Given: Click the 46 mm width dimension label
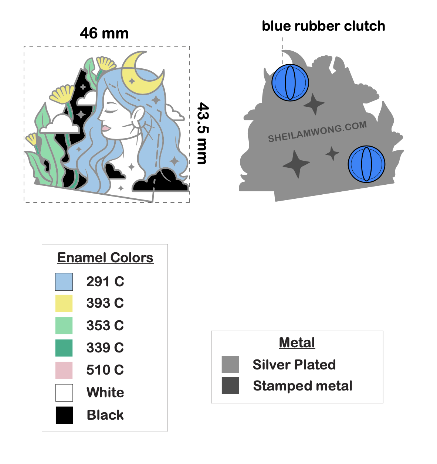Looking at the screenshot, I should (x=104, y=34).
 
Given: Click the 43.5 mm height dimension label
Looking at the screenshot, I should (x=203, y=133).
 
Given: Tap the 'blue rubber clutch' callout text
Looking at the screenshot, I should (x=323, y=26).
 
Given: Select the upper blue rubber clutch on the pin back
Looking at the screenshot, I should (x=290, y=83).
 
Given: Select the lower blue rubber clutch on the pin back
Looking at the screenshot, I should (x=366, y=164).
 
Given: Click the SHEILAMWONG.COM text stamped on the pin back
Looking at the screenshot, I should (x=317, y=132).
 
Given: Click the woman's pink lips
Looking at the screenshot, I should (x=106, y=128).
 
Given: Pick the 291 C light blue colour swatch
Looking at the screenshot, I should (x=64, y=282).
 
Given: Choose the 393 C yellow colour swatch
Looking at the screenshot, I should (x=64, y=303).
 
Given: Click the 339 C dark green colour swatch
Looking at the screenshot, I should (x=64, y=348).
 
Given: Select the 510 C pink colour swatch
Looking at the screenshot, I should (x=64, y=370).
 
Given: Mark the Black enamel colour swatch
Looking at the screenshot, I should (x=64, y=415).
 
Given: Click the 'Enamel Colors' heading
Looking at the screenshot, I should (x=105, y=257).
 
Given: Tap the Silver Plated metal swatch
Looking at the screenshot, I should (x=230, y=365).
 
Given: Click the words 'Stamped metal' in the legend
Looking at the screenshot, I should (x=302, y=386).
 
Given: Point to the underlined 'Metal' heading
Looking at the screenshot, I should (x=297, y=342).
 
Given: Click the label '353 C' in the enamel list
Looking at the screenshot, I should (x=105, y=325).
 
